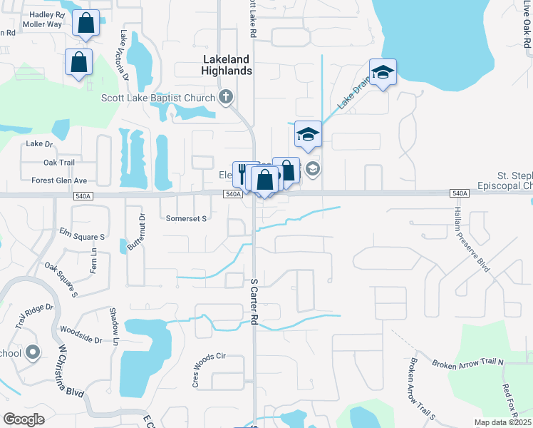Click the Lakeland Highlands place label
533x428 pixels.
[x=227, y=65]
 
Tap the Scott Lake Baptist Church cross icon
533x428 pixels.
[x=227, y=97]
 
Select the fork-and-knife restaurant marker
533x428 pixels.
[x=243, y=173]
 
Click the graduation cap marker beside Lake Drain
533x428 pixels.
[x=383, y=72]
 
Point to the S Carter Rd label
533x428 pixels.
[x=253, y=302]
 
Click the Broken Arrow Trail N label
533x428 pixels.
[x=467, y=363]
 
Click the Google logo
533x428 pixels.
[x=24, y=419]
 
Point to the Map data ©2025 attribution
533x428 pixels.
[x=502, y=422]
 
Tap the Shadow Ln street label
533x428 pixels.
[x=114, y=325]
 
